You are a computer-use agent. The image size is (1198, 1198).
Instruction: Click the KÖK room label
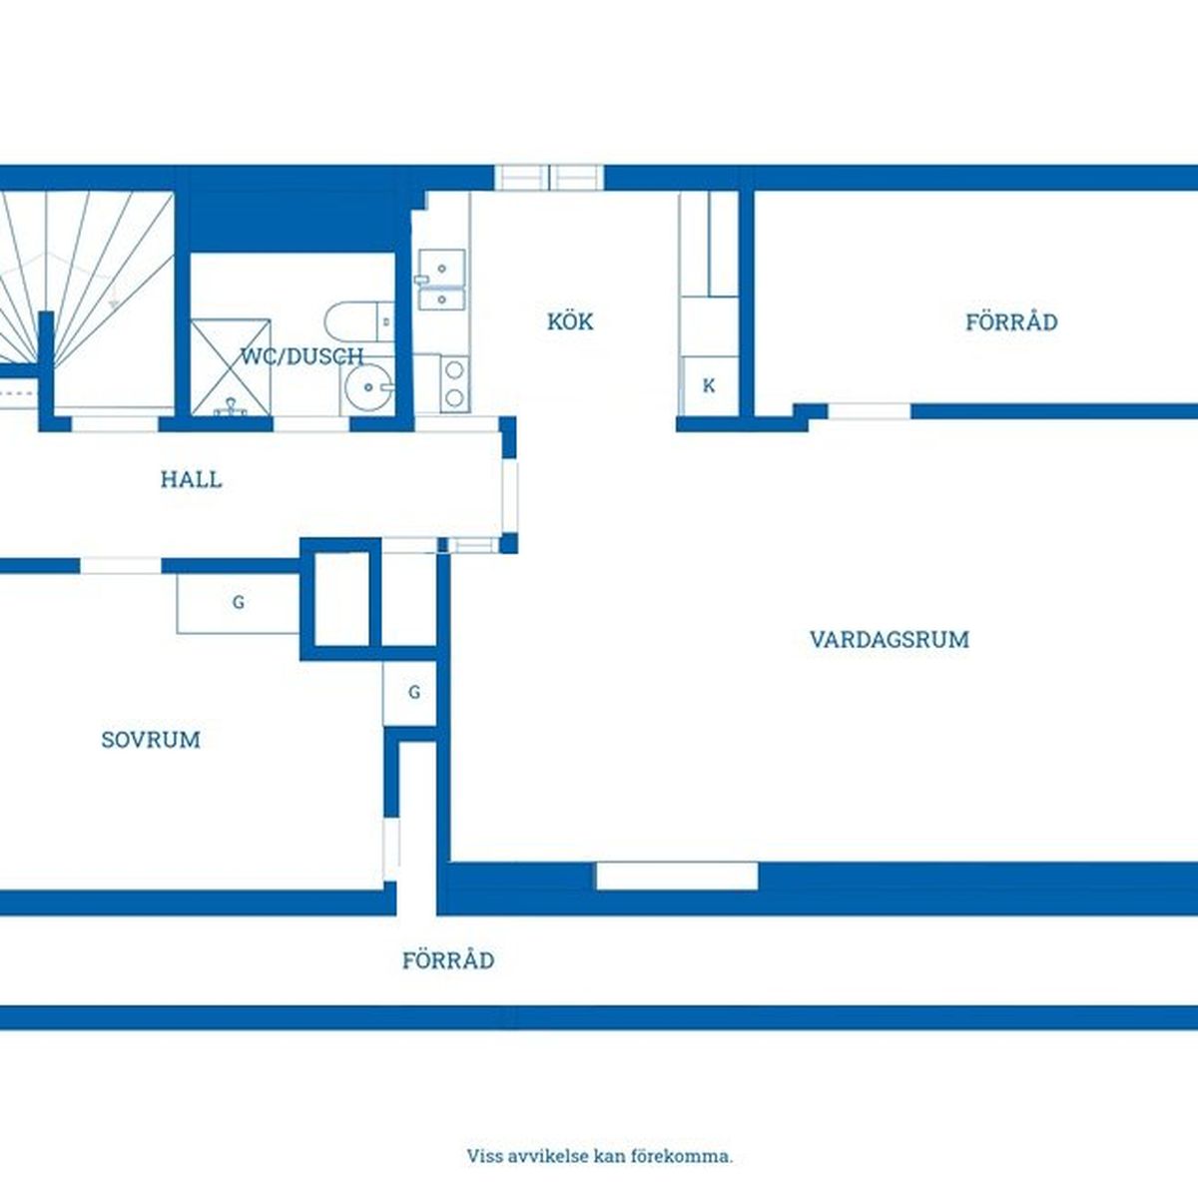click(570, 321)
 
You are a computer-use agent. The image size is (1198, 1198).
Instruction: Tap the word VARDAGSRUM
click(890, 640)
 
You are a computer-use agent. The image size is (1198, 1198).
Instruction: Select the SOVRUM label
click(151, 740)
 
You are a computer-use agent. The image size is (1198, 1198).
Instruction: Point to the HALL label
click(191, 479)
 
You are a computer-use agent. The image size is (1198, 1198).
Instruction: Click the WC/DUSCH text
click(302, 356)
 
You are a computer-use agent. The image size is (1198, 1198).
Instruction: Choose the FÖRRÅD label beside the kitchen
click(1011, 322)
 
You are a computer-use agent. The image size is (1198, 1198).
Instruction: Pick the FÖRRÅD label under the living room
click(448, 960)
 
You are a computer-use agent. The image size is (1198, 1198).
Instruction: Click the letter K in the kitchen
click(709, 386)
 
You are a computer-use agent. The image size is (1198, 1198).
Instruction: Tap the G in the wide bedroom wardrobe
click(239, 602)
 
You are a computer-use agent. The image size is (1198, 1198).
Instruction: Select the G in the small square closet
click(414, 692)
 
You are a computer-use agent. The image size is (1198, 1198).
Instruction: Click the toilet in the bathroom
click(359, 321)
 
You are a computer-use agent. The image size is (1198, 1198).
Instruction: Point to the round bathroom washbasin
click(369, 387)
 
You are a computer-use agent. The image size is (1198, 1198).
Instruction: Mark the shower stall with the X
click(231, 366)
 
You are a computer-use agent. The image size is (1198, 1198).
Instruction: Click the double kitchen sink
click(442, 280)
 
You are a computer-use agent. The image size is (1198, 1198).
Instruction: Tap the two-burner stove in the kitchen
click(455, 383)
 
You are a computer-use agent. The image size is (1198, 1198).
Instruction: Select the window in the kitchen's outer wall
click(549, 177)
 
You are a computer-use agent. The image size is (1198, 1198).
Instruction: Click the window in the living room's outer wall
click(677, 876)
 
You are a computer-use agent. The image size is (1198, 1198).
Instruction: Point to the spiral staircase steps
click(87, 280)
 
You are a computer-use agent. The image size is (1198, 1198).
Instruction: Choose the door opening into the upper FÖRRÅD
click(870, 411)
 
